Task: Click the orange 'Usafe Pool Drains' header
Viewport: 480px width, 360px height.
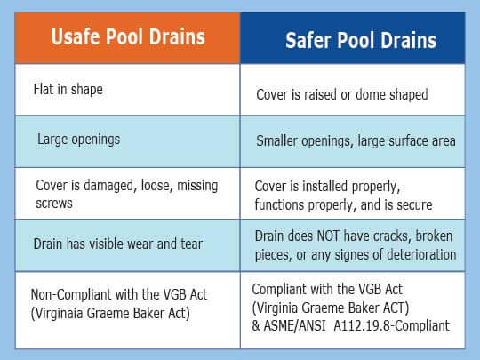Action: coord(128,37)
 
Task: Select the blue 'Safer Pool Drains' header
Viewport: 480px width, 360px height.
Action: coord(353,38)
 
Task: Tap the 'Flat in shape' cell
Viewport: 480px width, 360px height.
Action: coord(128,90)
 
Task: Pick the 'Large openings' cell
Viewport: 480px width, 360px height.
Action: coord(128,141)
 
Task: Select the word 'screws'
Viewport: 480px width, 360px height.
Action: coord(54,204)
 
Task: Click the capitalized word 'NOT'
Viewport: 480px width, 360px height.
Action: coord(328,236)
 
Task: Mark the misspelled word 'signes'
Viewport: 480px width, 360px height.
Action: coord(351,255)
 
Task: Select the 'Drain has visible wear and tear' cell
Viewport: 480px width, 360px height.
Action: coord(128,245)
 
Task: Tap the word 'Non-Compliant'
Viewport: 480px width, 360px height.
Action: coord(72,295)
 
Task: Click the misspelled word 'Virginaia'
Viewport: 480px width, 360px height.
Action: coord(57,314)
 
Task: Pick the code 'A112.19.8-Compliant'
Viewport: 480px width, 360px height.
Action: coord(391,325)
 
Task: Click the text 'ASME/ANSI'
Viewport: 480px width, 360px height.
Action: coord(294,325)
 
